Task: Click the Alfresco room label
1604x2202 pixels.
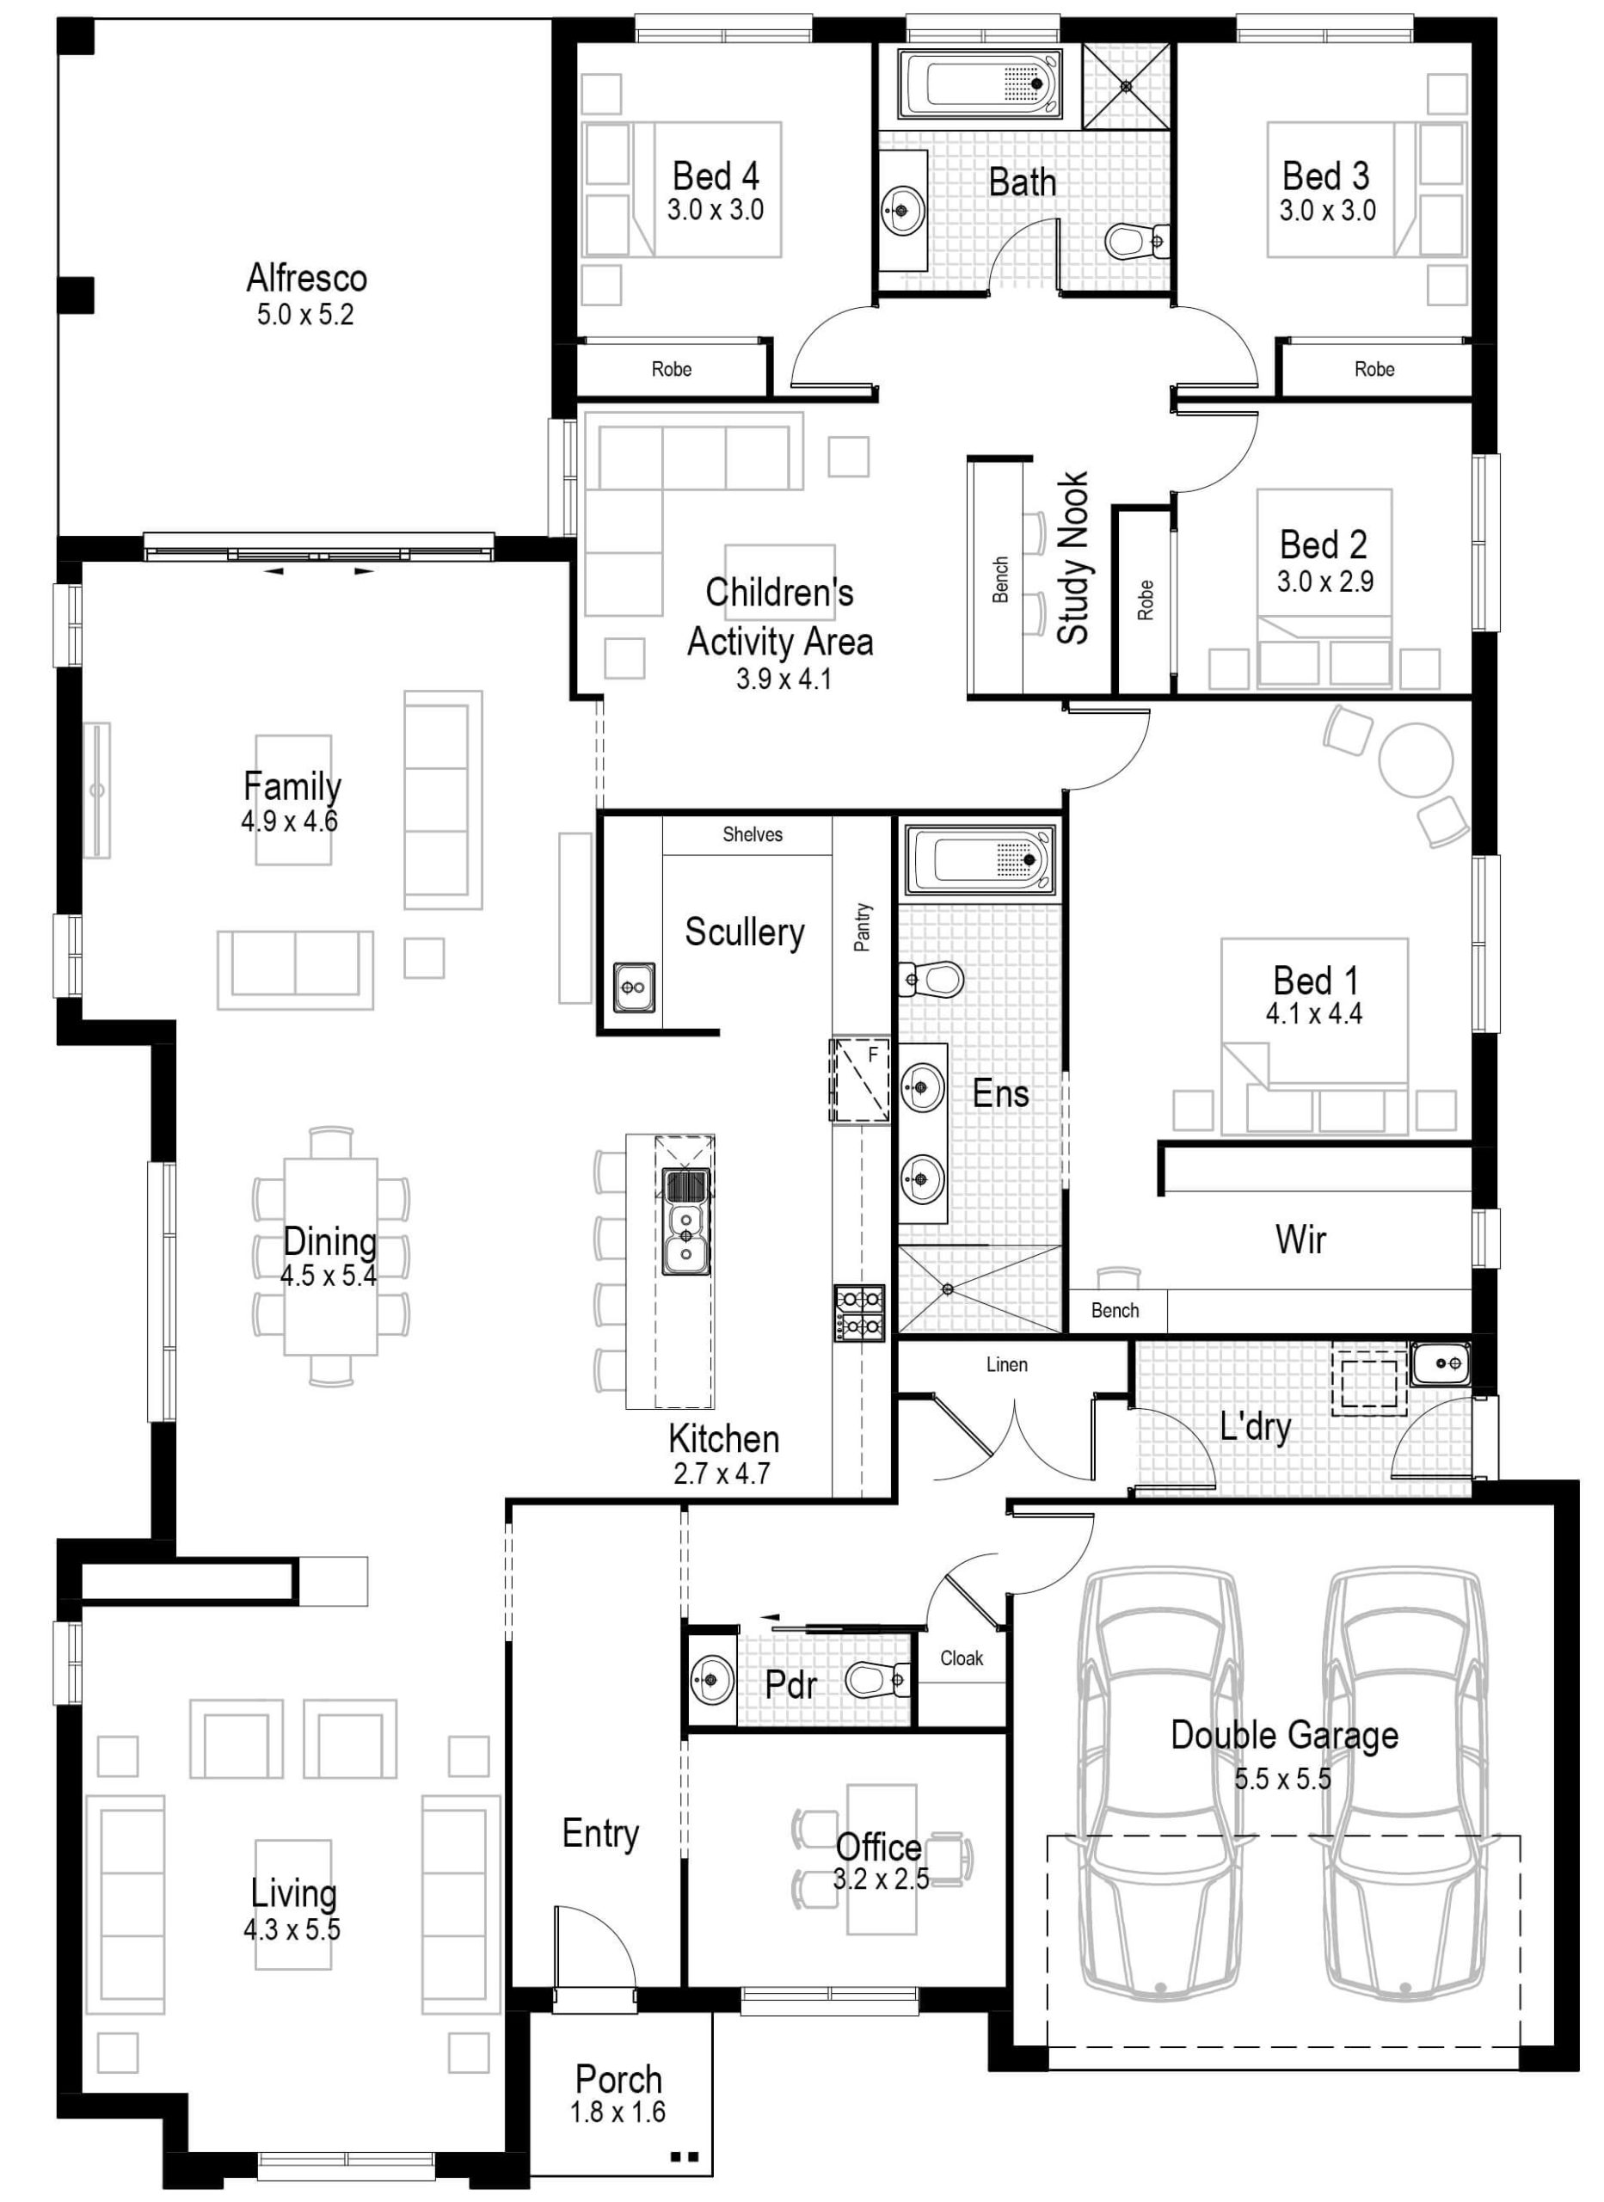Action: (307, 279)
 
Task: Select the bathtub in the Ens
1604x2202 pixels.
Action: (980, 859)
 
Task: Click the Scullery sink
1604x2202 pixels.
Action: (633, 987)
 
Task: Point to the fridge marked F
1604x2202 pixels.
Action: (859, 1079)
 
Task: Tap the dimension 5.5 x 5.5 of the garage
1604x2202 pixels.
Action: (1282, 1779)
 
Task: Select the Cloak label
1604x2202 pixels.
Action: (962, 1658)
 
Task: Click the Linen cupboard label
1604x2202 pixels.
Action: (1007, 1364)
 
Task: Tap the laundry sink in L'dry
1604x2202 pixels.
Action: (1440, 1364)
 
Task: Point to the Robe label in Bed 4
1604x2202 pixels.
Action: (672, 369)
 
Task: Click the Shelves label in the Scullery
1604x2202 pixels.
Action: (753, 834)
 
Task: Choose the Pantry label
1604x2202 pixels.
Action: (862, 927)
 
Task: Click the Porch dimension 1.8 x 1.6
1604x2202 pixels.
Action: (618, 2111)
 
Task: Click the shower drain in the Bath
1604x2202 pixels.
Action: (1127, 85)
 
